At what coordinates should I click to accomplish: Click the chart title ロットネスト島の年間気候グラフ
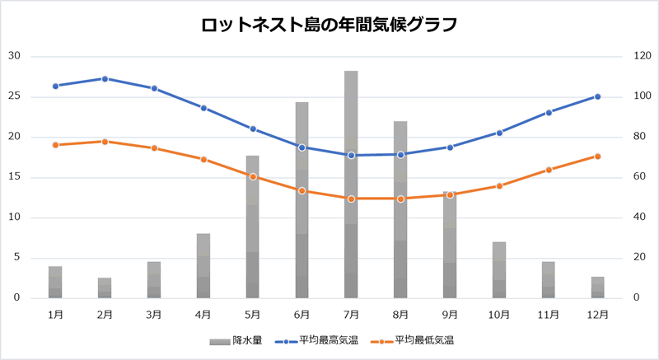click(x=329, y=25)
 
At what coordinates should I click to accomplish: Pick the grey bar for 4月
click(x=203, y=265)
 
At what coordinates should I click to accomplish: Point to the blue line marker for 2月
click(x=105, y=79)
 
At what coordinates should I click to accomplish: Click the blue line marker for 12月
click(x=597, y=96)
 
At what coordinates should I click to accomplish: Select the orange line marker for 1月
click(x=55, y=145)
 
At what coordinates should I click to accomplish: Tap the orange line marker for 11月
click(x=549, y=170)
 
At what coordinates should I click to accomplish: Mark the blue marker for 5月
click(x=253, y=129)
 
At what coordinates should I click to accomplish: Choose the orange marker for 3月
click(x=154, y=148)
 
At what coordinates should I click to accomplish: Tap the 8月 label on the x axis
click(x=400, y=314)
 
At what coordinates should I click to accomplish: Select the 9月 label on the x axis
click(x=450, y=314)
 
